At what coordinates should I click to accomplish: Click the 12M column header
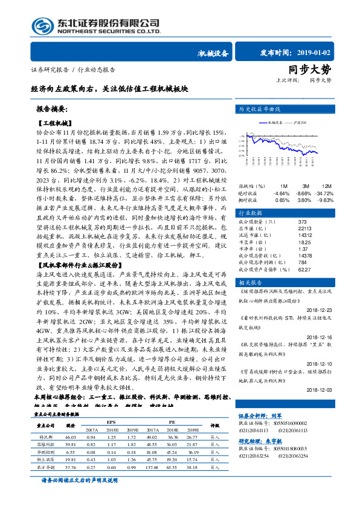coord(326,186)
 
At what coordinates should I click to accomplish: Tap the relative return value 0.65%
coord(282,200)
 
